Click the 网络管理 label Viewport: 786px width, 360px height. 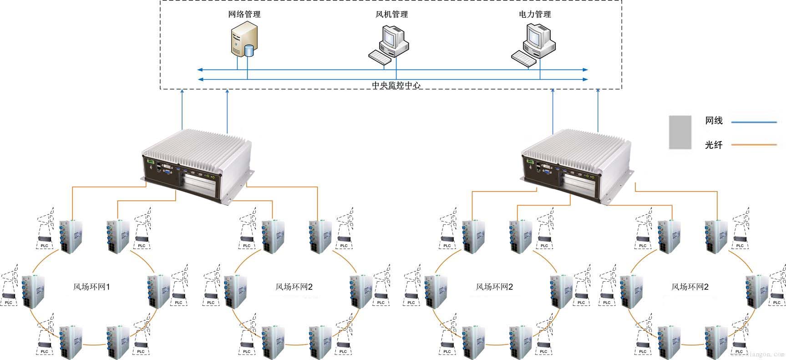(x=244, y=14)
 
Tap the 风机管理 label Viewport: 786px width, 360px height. (x=391, y=14)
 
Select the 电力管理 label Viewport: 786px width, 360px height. (x=535, y=14)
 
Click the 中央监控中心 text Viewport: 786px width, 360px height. (x=396, y=85)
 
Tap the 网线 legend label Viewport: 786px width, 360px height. (x=714, y=121)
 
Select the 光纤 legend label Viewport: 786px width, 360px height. (x=714, y=145)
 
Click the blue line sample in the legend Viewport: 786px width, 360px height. (x=753, y=122)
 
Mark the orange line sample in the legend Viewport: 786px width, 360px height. (x=753, y=145)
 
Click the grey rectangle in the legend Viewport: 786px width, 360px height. (x=680, y=132)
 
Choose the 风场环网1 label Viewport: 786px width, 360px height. (x=91, y=287)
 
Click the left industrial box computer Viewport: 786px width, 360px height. (x=197, y=164)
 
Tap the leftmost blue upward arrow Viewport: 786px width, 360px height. (x=183, y=109)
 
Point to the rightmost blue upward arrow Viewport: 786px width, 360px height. (x=598, y=109)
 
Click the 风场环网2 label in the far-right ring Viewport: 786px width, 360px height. (x=690, y=287)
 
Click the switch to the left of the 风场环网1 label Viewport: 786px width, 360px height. (x=33, y=291)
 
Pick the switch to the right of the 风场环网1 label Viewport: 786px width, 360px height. (x=157, y=291)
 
